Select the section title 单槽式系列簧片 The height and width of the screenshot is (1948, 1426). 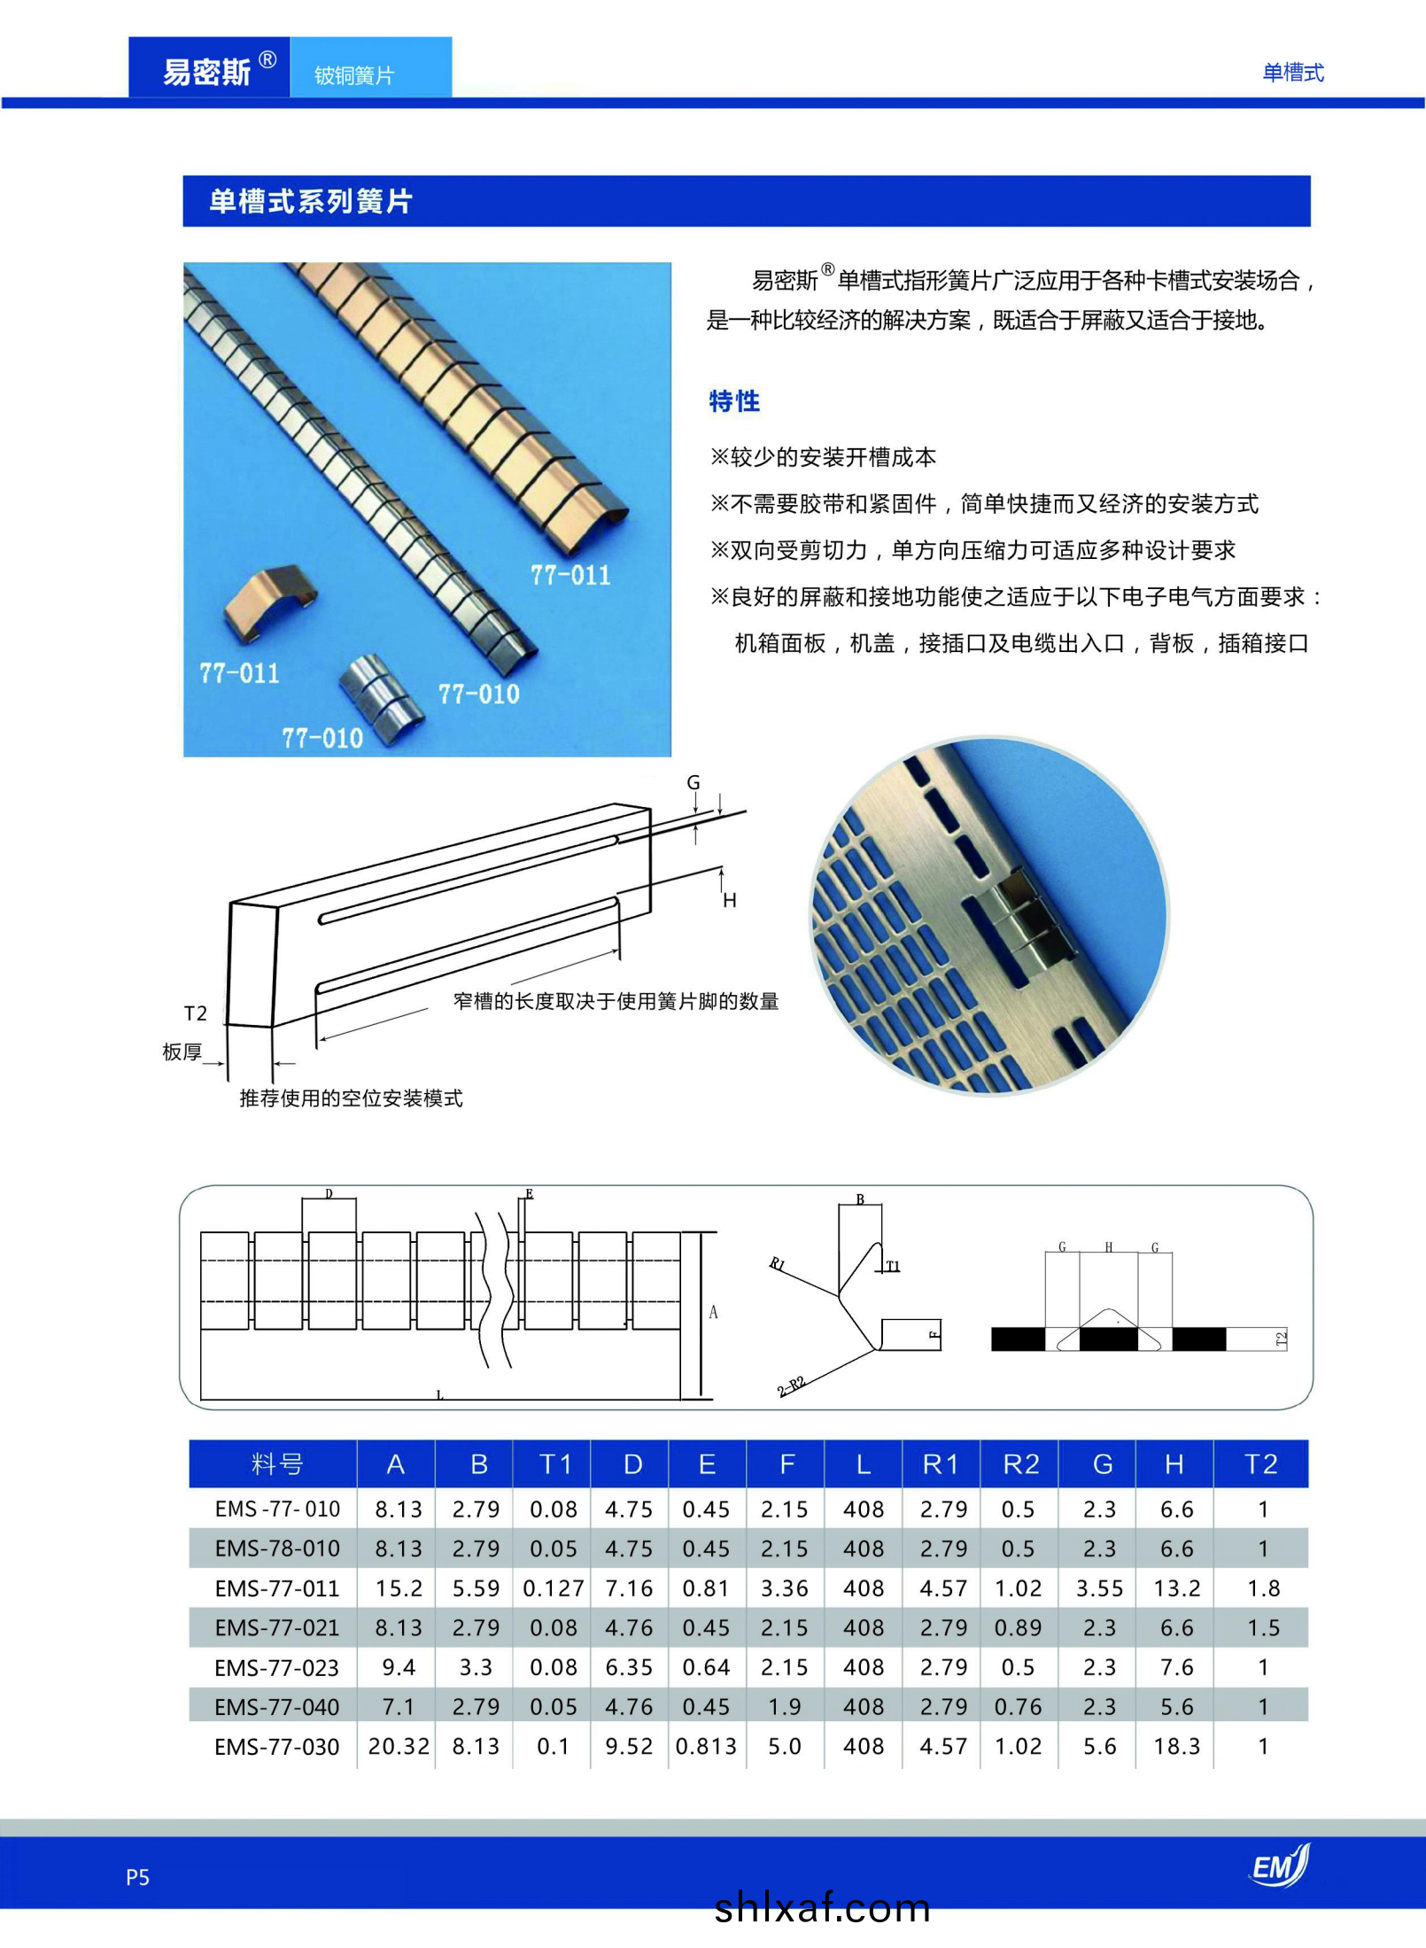[310, 201]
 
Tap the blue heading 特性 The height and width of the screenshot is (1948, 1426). [733, 401]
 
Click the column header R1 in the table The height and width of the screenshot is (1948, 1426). [940, 1464]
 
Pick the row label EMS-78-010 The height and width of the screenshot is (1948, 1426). [277, 1548]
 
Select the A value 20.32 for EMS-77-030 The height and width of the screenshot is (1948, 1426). [398, 1746]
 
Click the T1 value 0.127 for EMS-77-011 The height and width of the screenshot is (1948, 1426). [554, 1588]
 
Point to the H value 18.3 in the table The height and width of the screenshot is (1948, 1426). [1176, 1746]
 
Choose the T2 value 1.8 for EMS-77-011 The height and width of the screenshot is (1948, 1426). [1263, 1588]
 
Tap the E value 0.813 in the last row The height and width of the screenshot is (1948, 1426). [706, 1746]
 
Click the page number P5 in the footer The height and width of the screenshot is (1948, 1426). [137, 1877]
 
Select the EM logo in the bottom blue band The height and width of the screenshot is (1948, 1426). [1279, 1866]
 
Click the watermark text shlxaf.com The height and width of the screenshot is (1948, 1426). [822, 1907]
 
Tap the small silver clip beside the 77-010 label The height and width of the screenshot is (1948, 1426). [381, 691]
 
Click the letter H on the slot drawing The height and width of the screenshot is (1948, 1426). [730, 901]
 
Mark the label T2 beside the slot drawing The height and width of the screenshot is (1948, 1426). [195, 1013]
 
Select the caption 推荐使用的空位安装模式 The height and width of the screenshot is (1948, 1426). [351, 1098]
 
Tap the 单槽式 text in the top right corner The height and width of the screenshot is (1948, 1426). [1292, 73]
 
